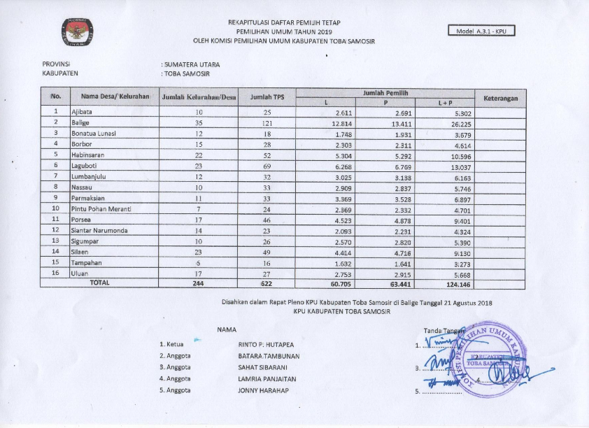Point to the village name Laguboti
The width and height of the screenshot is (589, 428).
click(85, 166)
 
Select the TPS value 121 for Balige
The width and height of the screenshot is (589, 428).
click(266, 122)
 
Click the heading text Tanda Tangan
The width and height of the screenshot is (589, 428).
click(439, 330)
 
